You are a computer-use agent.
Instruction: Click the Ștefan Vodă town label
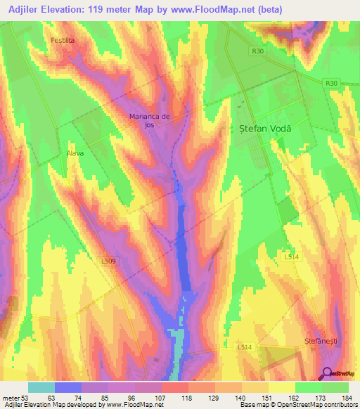tap(259, 130)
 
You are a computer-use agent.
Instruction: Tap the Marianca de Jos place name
tap(150, 120)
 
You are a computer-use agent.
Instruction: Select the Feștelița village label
tap(63, 41)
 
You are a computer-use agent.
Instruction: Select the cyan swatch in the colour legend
tap(41, 388)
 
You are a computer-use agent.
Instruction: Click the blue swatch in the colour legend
tap(68, 388)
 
